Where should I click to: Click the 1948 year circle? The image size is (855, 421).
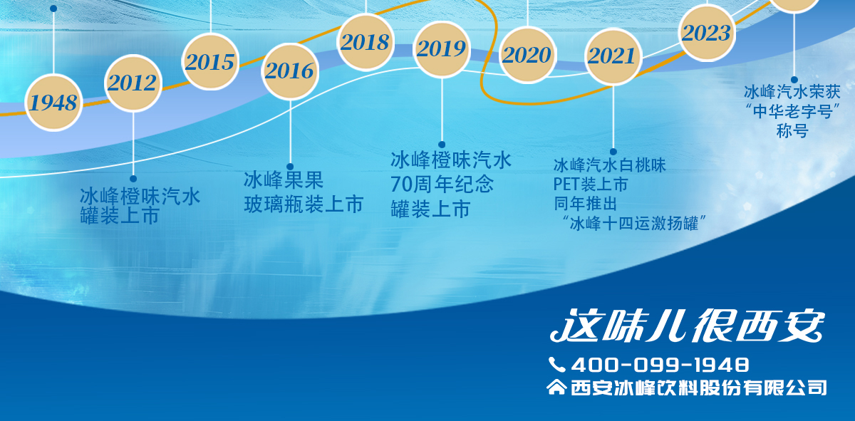point(53,103)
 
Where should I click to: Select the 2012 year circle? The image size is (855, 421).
point(133,83)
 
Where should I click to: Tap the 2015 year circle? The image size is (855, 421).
point(210,62)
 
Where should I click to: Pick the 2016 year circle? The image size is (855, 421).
point(290,71)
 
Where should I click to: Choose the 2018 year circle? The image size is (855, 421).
point(366,42)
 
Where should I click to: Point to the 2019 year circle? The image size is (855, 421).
point(442,49)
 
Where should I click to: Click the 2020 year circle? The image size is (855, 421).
point(527,55)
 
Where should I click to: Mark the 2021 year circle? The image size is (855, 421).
point(613,56)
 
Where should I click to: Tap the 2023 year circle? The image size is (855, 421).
point(707,33)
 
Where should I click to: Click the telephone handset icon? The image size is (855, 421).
point(557,365)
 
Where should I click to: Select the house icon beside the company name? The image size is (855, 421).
point(556,387)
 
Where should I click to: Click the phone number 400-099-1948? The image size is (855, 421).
point(660,365)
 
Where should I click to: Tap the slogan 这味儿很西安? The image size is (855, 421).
point(687,326)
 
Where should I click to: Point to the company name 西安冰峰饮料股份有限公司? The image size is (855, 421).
point(699,388)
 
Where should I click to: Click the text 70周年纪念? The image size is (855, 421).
point(442,184)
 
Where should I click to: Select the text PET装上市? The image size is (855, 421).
point(591,184)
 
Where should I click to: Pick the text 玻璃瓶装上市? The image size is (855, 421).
point(304,204)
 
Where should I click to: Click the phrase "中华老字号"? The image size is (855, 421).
point(792,111)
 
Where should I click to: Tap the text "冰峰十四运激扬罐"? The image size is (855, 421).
point(634,223)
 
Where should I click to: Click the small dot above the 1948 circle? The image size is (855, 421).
point(53,9)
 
